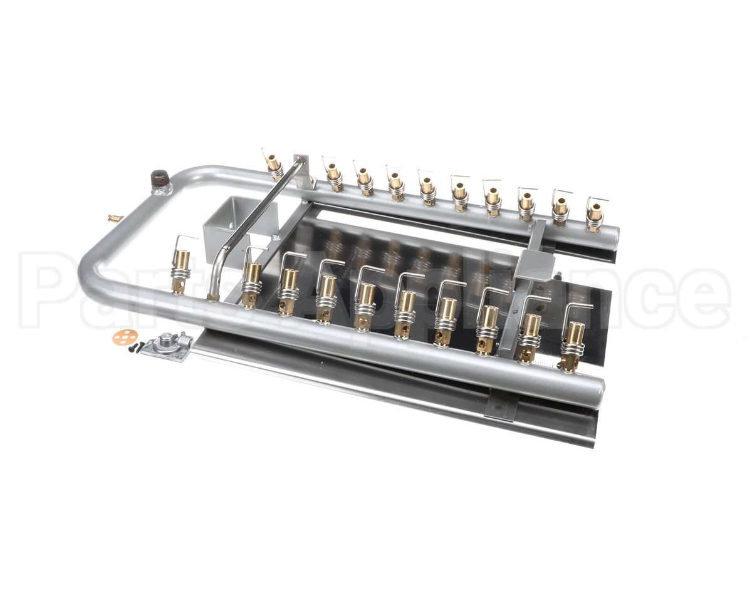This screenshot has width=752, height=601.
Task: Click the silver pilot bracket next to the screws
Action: point(167,346)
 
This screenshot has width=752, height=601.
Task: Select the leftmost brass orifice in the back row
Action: point(273,164)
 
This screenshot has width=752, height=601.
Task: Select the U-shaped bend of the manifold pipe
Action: point(94,250)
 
